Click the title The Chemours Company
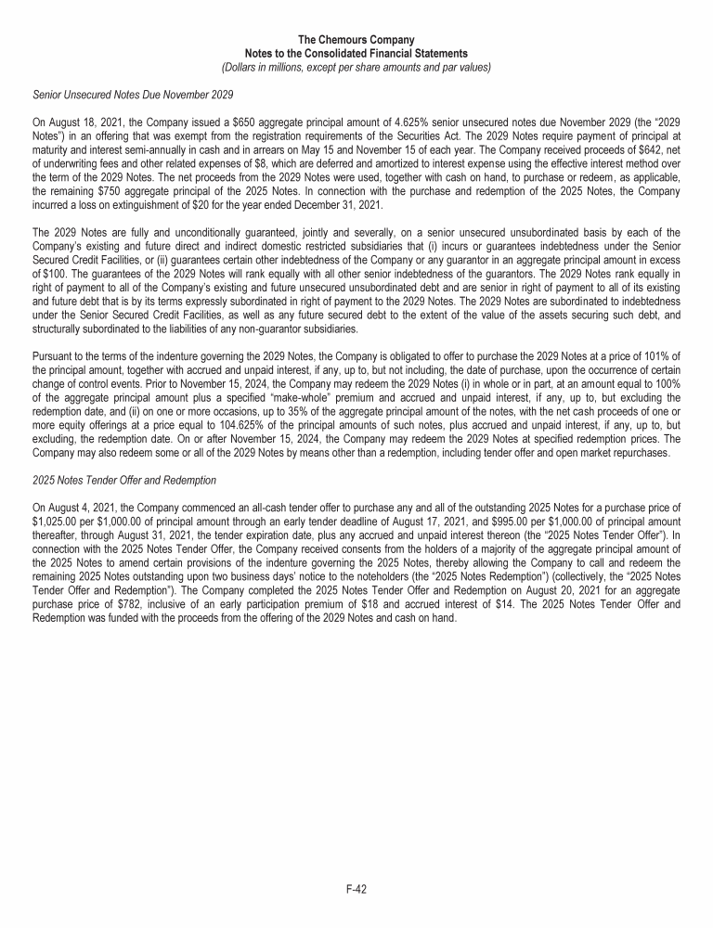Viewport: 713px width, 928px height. pyautogui.click(x=356, y=40)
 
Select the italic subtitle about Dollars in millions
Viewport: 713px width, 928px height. pyautogui.click(x=356, y=67)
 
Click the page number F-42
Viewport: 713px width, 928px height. pyautogui.click(x=356, y=889)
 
